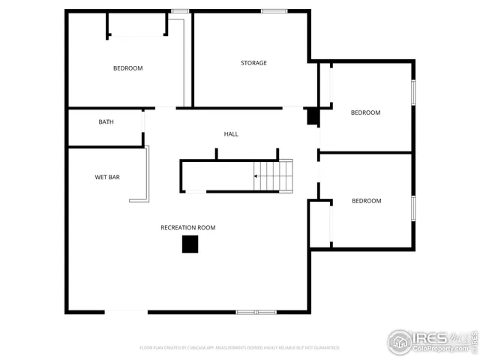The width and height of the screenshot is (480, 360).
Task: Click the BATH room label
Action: [x=106, y=121]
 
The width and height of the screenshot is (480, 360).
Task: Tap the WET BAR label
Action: [x=107, y=178]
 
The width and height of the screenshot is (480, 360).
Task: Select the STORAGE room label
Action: [x=253, y=63]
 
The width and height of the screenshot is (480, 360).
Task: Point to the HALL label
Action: [x=231, y=134]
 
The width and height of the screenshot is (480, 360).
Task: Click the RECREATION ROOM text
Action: [x=187, y=227]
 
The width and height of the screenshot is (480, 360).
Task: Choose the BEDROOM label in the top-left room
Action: [x=127, y=68]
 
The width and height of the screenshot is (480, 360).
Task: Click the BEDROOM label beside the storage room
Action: [x=365, y=112]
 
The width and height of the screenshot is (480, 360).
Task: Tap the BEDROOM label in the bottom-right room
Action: [x=367, y=201]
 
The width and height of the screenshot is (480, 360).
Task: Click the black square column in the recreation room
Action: [x=190, y=244]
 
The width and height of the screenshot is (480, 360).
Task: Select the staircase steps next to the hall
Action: [x=274, y=175]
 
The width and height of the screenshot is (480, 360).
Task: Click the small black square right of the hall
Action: [x=313, y=116]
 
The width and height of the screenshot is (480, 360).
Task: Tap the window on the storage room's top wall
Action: [x=273, y=10]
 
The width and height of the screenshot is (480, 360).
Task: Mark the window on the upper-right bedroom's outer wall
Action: [x=413, y=91]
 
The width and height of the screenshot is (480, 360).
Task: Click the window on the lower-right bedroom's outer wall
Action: [x=413, y=208]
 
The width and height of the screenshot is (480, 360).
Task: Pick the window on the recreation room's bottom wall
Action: [x=256, y=311]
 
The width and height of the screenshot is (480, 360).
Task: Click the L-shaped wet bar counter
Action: [x=145, y=180]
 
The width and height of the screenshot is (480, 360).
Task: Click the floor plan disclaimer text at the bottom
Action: [x=240, y=348]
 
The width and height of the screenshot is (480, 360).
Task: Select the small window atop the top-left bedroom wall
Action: [x=179, y=10]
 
